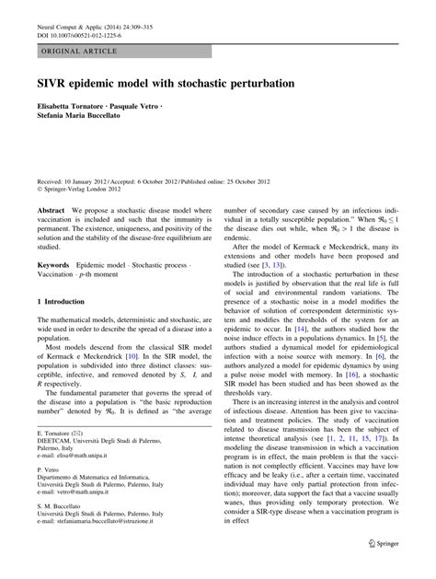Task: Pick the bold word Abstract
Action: tap(52, 210)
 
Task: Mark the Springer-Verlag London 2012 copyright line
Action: tap(87, 190)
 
